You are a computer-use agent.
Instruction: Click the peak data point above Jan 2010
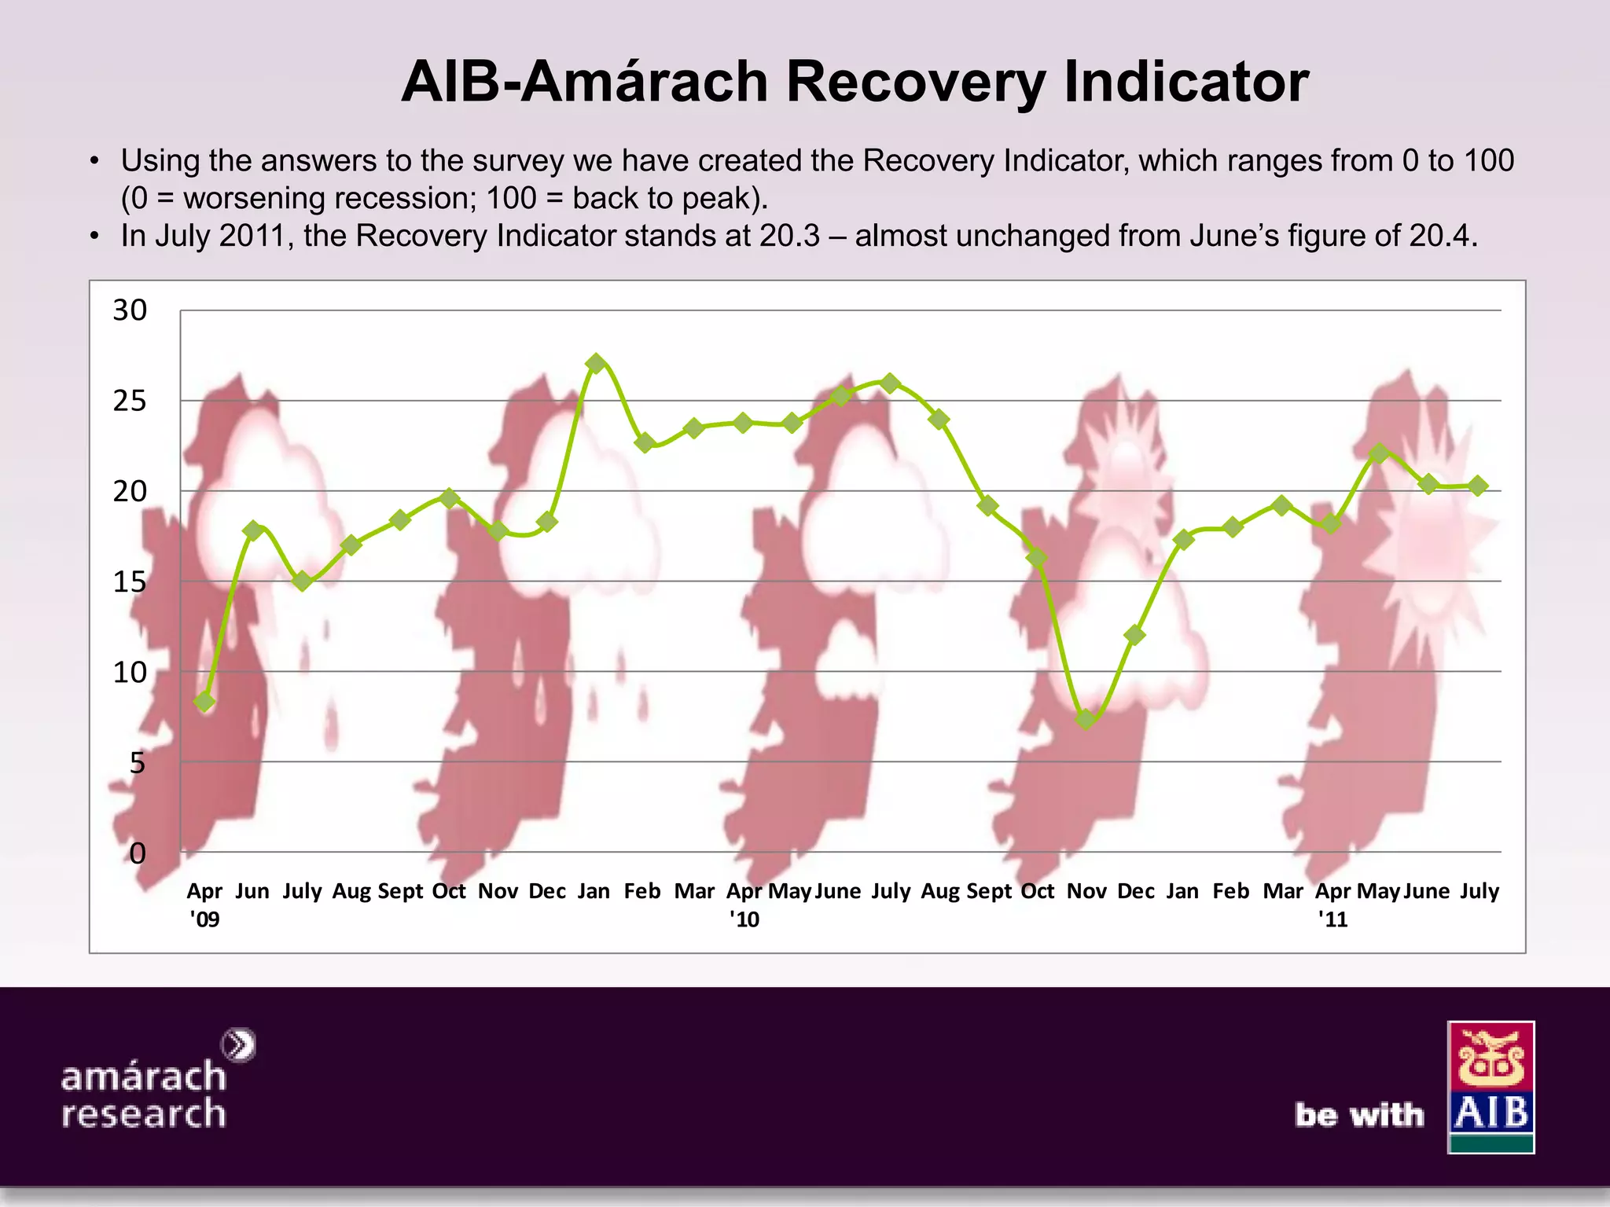coord(596,363)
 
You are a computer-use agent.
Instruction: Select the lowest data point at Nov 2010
coord(1086,718)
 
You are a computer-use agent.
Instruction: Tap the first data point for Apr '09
coord(204,701)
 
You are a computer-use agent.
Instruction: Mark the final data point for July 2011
coord(1478,486)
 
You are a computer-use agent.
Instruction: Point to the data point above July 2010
coord(890,383)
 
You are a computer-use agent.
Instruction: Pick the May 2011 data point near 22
coord(1379,453)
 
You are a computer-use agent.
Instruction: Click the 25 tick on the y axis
coord(130,402)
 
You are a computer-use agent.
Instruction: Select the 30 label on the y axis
coord(130,311)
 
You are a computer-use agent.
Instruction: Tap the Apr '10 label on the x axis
coord(744,904)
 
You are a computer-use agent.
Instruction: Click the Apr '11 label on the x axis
coord(1332,904)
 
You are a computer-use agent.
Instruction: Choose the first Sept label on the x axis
coord(400,891)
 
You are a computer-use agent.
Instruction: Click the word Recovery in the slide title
coord(915,82)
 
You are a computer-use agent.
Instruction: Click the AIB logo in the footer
coord(1491,1087)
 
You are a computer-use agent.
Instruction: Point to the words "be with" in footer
coord(1359,1114)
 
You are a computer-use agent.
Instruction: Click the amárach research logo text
coord(144,1095)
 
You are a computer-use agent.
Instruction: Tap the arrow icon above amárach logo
coord(239,1045)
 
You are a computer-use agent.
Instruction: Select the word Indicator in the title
coord(1186,82)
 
